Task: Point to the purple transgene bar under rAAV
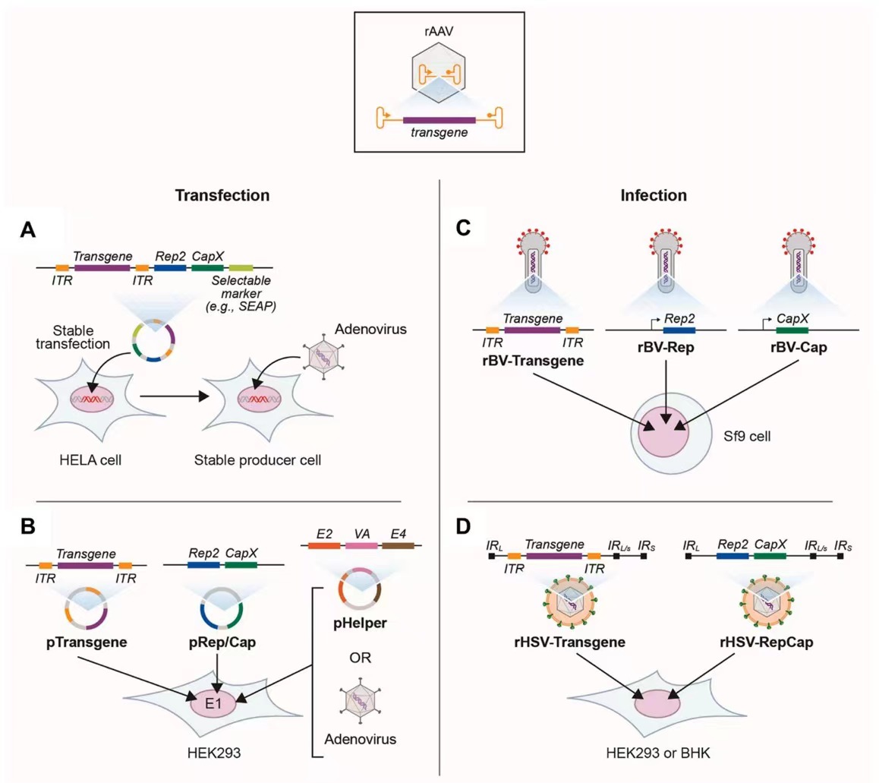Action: pyautogui.click(x=439, y=119)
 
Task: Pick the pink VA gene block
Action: pyautogui.click(x=363, y=544)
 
